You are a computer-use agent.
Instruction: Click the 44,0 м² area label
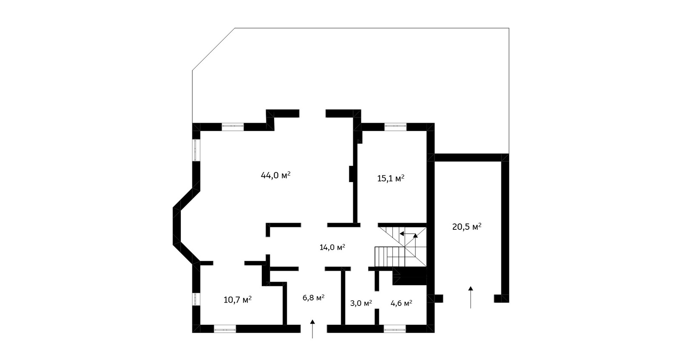click(275, 175)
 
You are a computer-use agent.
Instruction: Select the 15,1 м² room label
click(391, 178)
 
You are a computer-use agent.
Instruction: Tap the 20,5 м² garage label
click(466, 227)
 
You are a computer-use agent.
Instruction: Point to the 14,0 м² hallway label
click(332, 247)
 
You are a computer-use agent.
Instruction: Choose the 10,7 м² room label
click(237, 300)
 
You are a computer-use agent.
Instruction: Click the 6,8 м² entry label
click(313, 297)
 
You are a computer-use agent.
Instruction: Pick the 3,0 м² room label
click(361, 303)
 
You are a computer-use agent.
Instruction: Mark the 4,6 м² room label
click(401, 303)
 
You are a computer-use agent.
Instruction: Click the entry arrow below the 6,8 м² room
click(312, 329)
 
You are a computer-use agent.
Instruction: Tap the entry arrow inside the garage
click(471, 297)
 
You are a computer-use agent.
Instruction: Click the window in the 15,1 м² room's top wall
click(395, 127)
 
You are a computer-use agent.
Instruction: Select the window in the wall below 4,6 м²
click(395, 329)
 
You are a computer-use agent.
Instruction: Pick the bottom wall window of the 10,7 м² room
click(225, 329)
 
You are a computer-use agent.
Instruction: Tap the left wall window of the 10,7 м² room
click(196, 299)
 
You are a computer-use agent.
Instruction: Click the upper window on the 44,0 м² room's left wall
click(196, 150)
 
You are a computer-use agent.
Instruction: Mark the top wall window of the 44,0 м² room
click(232, 127)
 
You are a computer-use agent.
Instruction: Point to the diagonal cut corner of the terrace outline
click(213, 49)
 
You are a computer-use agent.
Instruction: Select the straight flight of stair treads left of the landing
click(389, 257)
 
